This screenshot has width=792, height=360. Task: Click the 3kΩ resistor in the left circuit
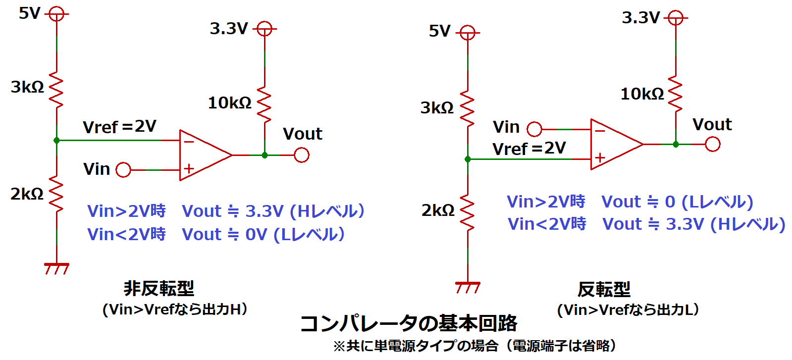pos(56,90)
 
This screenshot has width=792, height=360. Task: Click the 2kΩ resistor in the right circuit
pos(468,214)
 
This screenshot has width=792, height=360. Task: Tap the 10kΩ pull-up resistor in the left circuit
pos(264,105)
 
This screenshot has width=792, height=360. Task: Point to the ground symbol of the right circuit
pos(468,287)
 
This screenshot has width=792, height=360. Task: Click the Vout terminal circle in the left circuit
pos(302,155)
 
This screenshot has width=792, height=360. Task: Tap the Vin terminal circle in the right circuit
pos(534,129)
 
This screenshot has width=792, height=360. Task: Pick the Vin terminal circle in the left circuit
pos(123,170)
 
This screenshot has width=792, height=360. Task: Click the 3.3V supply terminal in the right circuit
pos(676,18)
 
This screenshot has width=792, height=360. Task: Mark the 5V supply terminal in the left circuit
pos(56,14)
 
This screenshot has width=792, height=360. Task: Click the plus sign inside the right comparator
pos(600,158)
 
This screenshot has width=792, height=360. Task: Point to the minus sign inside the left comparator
pos(189,142)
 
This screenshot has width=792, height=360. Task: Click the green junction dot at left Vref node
pos(56,141)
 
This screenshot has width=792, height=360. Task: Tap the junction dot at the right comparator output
pos(676,144)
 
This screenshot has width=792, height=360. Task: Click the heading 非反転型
pos(158,288)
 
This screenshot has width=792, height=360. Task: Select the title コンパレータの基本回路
pos(409,323)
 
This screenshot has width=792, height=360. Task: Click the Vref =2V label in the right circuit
pos(528,148)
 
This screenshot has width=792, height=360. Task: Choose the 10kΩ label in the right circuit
pos(642,94)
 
